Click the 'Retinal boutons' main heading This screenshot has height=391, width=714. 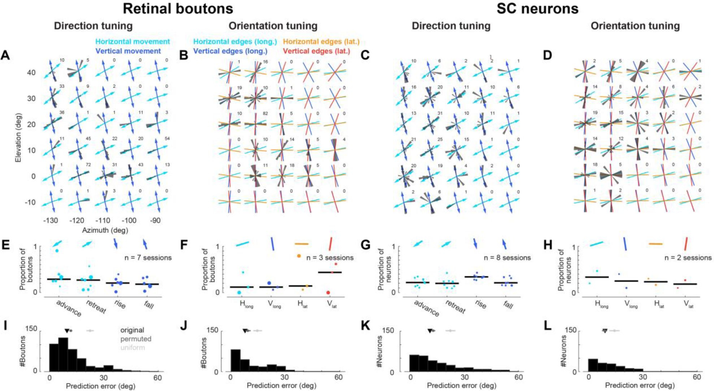tap(178, 9)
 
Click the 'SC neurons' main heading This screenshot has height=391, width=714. tap(537, 9)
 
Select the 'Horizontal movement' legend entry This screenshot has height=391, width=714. tap(133, 42)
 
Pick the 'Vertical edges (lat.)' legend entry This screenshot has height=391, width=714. tap(316, 51)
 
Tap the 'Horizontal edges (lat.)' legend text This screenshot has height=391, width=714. tap(321, 42)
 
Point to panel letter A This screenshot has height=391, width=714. tap(5, 56)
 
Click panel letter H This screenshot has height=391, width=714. tap(548, 246)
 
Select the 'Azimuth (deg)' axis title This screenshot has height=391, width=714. tap(105, 230)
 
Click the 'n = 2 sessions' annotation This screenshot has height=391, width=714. tap(688, 258)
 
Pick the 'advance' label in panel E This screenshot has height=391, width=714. tap(69, 308)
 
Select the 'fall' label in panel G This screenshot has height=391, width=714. tap(509, 305)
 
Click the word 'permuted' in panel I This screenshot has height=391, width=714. tap(136, 339)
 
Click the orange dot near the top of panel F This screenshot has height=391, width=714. tap(299, 256)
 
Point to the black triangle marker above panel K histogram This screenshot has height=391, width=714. tap(429, 331)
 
